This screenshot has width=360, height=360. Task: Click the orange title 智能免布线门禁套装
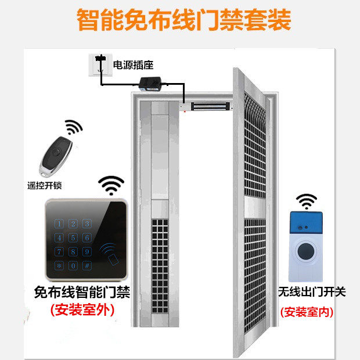tap(183, 20)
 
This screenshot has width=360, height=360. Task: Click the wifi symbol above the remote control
tap(74, 127)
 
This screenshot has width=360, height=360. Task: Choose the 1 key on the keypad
tap(59, 224)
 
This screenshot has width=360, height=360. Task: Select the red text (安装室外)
tap(82, 311)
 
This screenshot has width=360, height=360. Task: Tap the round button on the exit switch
tap(306, 251)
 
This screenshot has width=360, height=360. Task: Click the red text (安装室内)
tap(307, 312)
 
